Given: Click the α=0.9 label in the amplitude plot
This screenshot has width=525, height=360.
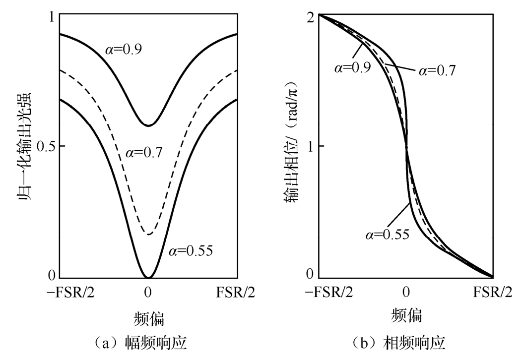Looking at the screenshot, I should pos(124,50).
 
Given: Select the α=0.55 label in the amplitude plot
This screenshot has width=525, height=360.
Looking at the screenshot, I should pos(191,250).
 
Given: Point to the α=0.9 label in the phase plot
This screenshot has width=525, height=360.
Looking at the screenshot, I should pos(352,67).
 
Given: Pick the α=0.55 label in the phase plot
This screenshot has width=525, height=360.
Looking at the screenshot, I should pos(386,233).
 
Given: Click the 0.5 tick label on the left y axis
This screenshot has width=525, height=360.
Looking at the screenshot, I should pos(46,146).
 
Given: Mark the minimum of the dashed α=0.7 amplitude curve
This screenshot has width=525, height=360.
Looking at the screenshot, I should pos(148,234).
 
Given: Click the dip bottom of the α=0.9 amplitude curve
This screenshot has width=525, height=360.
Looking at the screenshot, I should pos(148,125).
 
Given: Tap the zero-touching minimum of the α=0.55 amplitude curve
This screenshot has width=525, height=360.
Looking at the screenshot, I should pos(148,277).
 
